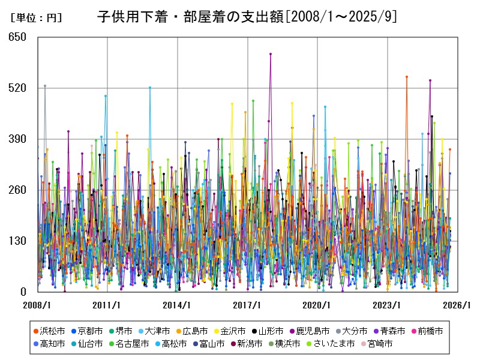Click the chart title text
pos(247,16)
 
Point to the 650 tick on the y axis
pos(18,37)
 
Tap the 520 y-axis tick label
pos(18,88)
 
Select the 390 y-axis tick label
pos(18,139)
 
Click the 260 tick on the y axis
pos(18,190)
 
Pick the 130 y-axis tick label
pos(18,241)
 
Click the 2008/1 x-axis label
pos(37,305)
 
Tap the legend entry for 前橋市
pos(427,331)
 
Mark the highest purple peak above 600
pos(271,54)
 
